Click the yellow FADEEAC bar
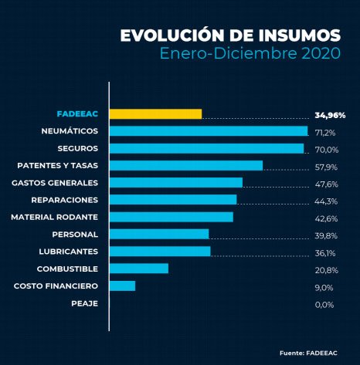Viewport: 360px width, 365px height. click(155, 114)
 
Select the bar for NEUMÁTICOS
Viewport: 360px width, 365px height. click(209, 131)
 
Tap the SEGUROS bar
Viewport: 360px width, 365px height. click(206, 148)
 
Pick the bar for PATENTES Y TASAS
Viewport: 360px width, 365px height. click(186, 165)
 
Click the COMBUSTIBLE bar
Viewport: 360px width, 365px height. click(139, 269)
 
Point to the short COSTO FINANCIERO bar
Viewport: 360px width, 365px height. click(123, 286)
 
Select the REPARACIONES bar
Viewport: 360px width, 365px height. click(173, 200)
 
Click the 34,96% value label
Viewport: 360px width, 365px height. click(330, 115)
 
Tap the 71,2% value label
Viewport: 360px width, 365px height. click(325, 132)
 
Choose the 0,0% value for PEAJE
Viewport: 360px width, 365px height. click(324, 304)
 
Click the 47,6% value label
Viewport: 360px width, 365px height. click(326, 184)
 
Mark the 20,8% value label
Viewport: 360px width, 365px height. click(326, 269)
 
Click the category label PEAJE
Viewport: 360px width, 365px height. click(84, 303)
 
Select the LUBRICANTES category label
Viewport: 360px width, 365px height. click(68, 252)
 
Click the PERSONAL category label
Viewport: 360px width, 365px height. click(74, 234)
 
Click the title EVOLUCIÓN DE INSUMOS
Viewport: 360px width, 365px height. click(230, 35)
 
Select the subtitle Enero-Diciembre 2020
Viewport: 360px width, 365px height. click(250, 54)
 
